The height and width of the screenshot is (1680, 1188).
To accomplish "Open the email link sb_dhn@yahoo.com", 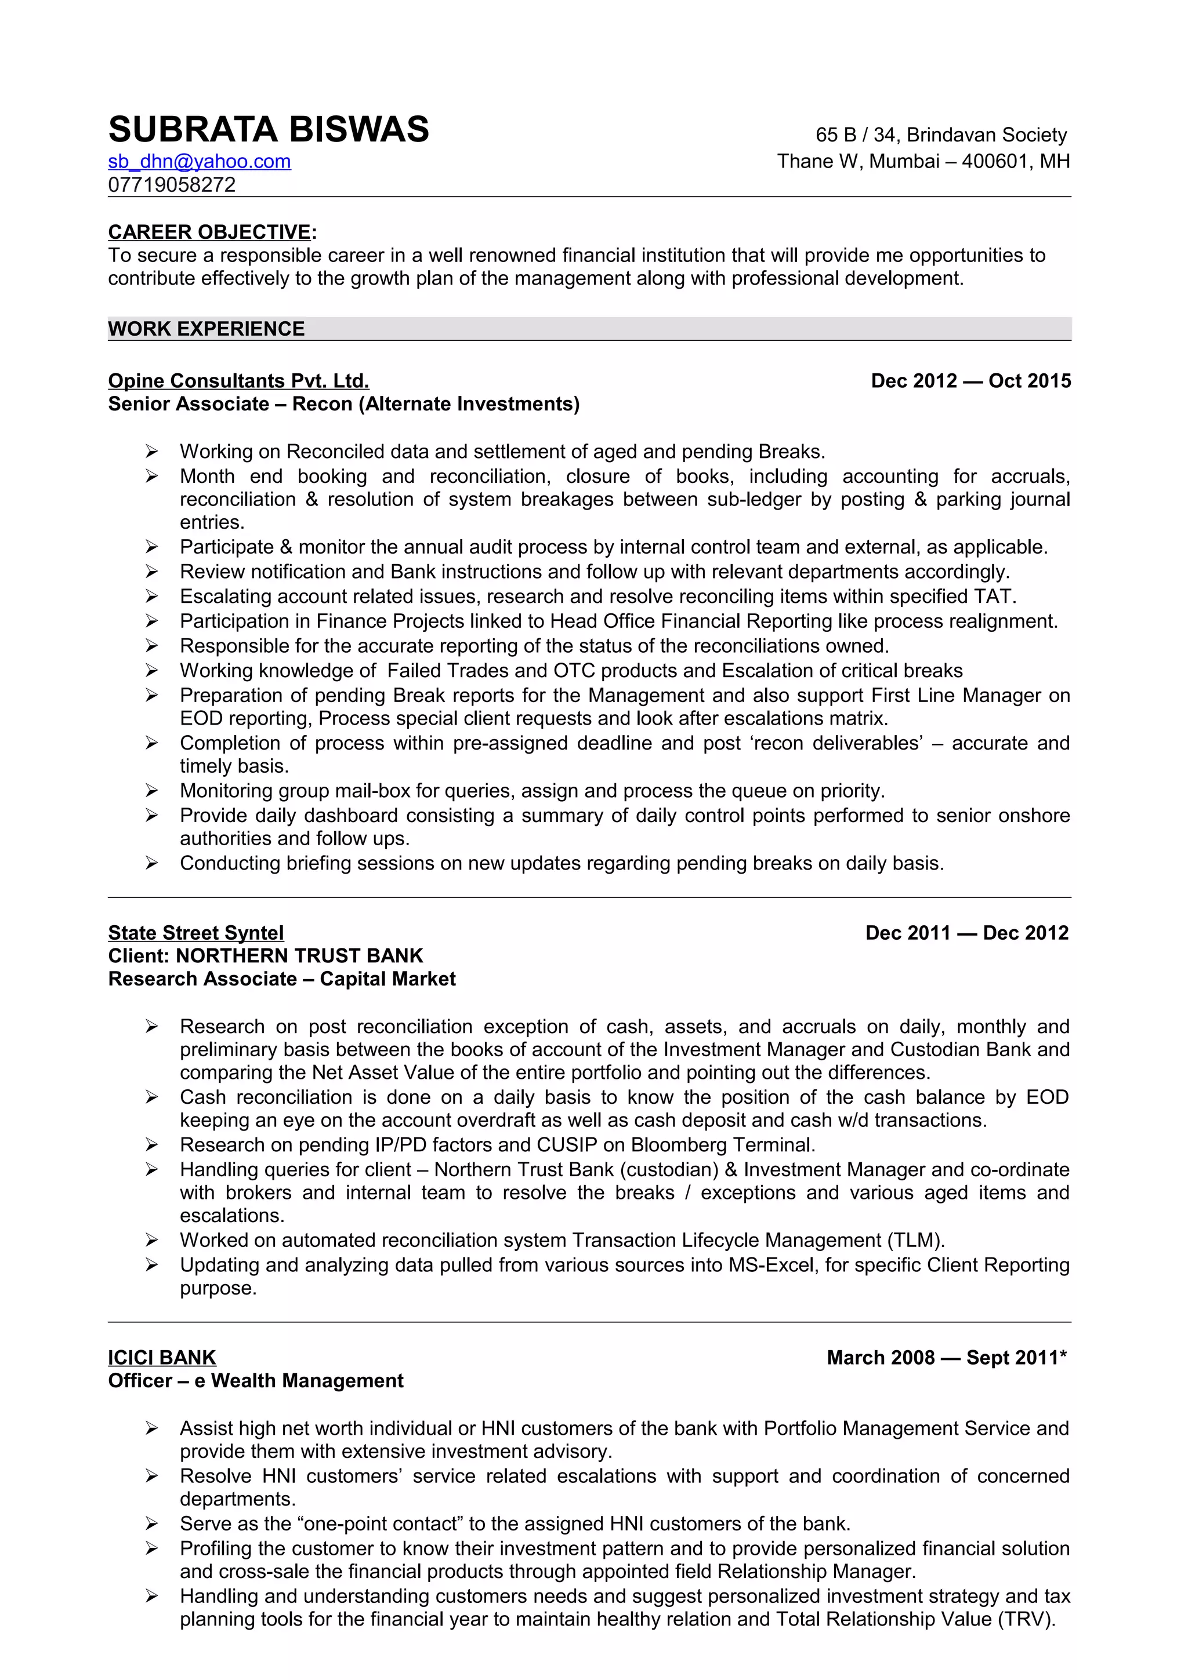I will click(199, 161).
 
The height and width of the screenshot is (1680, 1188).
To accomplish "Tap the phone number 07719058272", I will click(172, 184).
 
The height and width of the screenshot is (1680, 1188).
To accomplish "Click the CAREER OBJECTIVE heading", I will click(209, 232).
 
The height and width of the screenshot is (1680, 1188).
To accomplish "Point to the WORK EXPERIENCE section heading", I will click(207, 329).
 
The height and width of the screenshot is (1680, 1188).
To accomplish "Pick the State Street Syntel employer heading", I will click(195, 933).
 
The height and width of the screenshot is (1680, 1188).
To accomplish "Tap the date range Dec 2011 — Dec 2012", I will click(967, 933).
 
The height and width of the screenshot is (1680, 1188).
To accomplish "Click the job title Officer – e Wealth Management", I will click(255, 1381).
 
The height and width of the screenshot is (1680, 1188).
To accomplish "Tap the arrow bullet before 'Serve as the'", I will click(151, 1524).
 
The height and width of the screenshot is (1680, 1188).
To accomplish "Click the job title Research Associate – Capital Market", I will click(282, 979).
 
